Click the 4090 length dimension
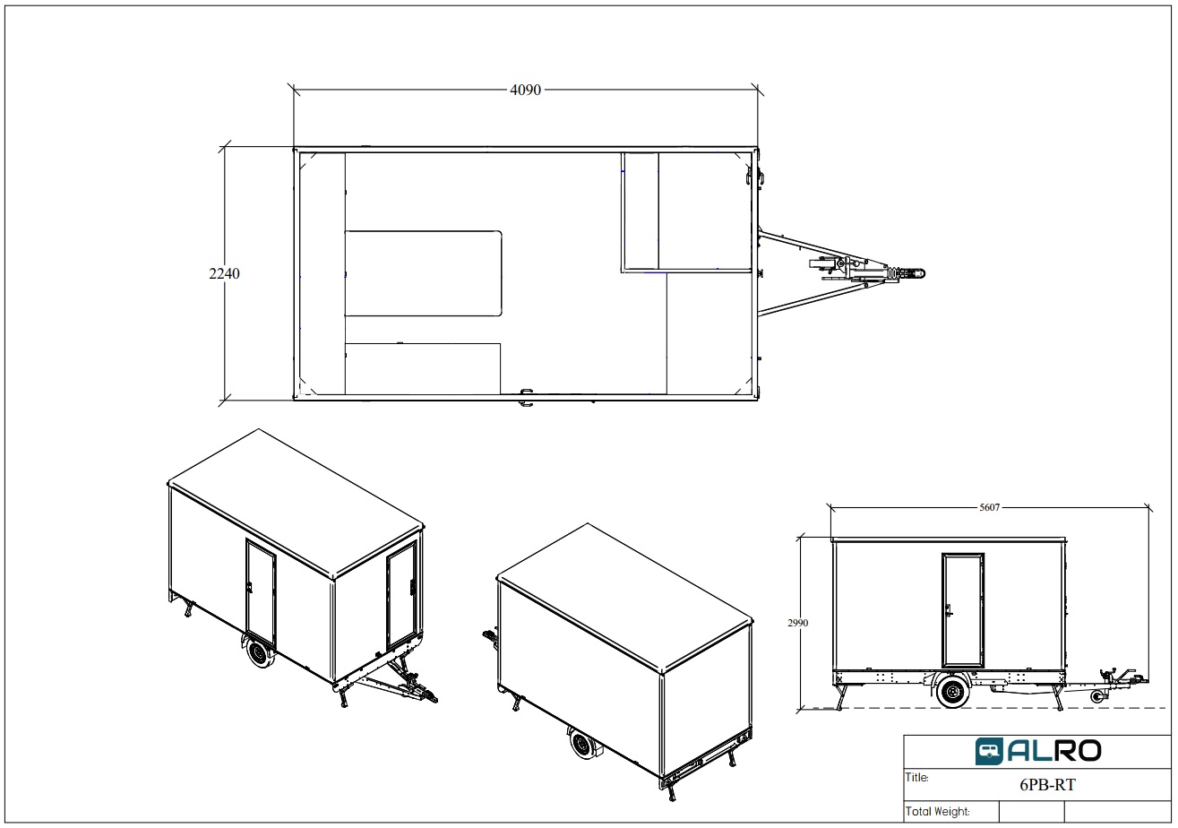click(525, 90)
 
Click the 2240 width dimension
click(224, 273)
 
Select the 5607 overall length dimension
click(989, 507)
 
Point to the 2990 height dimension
click(798, 623)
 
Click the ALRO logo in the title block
click(1038, 751)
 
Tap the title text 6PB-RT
click(1047, 785)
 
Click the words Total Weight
click(937, 812)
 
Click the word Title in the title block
click(916, 777)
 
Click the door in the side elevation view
click(963, 610)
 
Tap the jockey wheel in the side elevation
click(1097, 697)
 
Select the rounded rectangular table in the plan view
click(423, 273)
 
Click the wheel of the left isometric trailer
click(261, 654)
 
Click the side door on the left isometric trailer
click(261, 591)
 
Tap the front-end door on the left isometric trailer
click(402, 594)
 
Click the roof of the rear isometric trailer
click(624, 598)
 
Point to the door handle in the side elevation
click(948, 611)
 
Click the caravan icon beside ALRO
click(989, 751)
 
